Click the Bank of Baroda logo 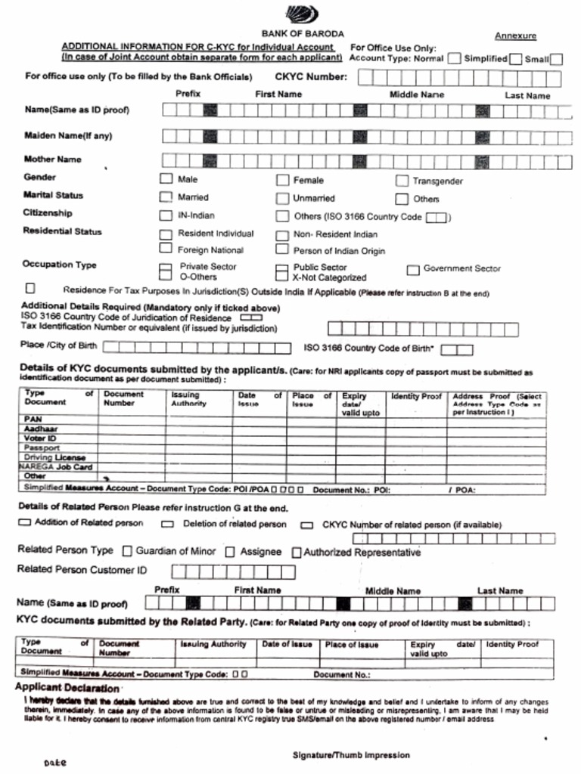[302, 14]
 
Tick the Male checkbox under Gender [166, 180]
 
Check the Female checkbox [282, 180]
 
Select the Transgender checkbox [402, 181]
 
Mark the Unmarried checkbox [282, 199]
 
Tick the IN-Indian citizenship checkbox [166, 215]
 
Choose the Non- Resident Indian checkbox [282, 234]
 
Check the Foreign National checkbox [166, 249]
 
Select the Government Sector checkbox [413, 270]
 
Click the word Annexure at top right [515, 36]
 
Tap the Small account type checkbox [556, 59]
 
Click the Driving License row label [54, 457]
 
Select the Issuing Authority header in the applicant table [185, 399]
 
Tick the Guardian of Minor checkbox [127, 552]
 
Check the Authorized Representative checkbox [297, 553]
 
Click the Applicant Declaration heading [67, 688]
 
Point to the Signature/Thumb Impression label [351, 755]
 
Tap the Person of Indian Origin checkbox [282, 249]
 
